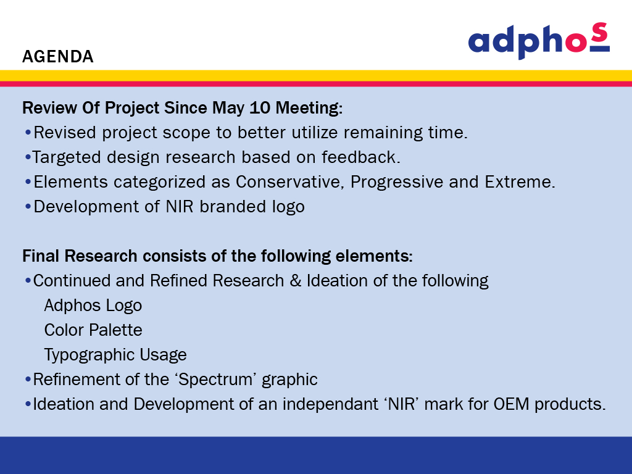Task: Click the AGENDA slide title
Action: [57, 56]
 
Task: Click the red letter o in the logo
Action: [577, 41]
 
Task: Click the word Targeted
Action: [66, 157]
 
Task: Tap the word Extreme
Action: [520, 182]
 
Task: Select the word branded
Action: [233, 206]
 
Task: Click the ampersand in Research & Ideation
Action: [296, 281]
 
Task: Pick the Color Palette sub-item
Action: [93, 330]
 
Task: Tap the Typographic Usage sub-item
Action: [115, 355]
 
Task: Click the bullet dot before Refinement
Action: [28, 380]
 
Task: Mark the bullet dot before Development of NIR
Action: [28, 207]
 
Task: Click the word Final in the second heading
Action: [41, 256]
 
